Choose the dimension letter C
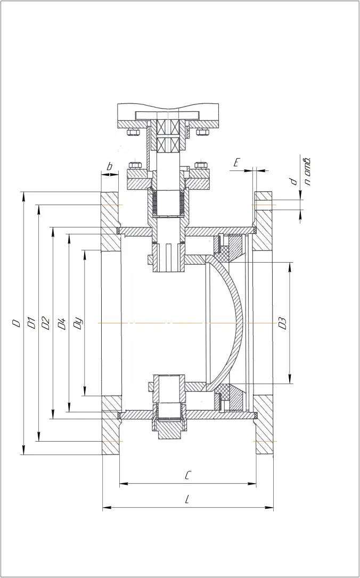(187, 476)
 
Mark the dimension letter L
(187, 500)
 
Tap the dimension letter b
(109, 167)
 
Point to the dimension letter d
(293, 182)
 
